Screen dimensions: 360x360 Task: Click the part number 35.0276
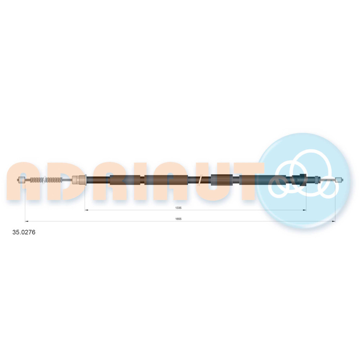point(24,232)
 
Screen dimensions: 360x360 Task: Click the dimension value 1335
point(179,208)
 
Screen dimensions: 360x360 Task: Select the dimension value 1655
point(179,219)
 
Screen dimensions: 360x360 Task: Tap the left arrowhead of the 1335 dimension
point(86,210)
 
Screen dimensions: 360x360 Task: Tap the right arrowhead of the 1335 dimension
point(305,210)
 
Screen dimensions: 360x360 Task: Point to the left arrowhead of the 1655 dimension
point(27,221)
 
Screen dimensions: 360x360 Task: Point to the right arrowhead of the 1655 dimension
point(334,221)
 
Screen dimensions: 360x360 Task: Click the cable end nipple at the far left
point(22,180)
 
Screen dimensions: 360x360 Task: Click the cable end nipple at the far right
point(339,180)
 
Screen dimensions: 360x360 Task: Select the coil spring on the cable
point(46,180)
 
